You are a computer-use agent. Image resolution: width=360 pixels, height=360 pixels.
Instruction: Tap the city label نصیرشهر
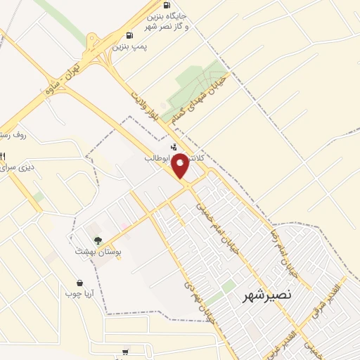267,296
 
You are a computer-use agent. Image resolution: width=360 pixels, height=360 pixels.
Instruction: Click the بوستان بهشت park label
98,251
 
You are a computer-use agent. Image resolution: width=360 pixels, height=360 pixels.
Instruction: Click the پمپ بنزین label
132,46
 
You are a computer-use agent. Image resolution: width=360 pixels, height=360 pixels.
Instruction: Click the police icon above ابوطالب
155,148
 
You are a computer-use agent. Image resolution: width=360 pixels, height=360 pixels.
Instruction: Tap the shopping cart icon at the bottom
125,352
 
